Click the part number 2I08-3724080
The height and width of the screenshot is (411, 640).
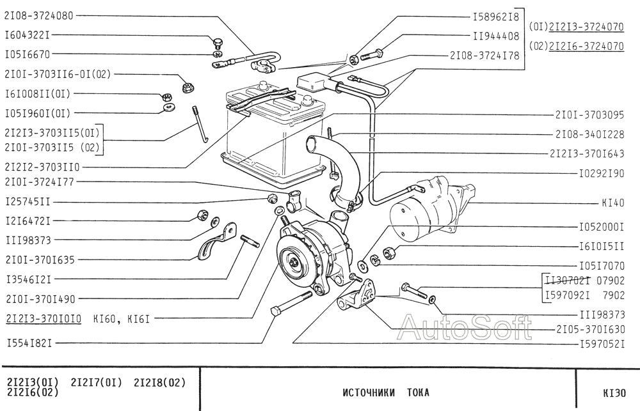(39, 16)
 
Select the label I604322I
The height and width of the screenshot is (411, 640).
(27, 35)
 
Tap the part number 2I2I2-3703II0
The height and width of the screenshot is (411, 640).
(42, 167)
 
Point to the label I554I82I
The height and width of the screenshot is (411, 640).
(29, 343)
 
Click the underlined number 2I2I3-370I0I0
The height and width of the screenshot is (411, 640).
(44, 318)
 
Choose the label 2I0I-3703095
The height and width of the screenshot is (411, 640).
(589, 115)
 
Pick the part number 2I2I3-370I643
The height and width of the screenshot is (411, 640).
(587, 153)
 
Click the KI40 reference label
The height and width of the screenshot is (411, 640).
(613, 203)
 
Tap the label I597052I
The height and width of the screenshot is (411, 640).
(602, 345)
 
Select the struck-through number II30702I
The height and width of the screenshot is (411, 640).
(567, 281)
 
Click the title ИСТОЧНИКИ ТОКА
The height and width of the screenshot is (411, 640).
(386, 392)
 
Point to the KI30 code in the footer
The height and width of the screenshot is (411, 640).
(614, 393)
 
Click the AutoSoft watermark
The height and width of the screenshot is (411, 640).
(465, 327)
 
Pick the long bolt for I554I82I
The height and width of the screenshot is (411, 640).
(291, 302)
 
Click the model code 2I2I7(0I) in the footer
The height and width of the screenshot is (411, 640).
(97, 382)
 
